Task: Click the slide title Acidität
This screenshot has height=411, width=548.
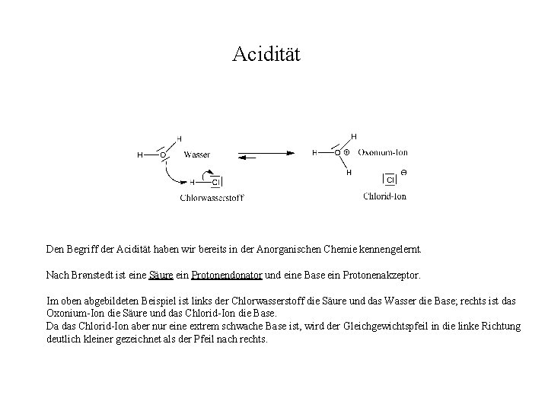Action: [267, 55]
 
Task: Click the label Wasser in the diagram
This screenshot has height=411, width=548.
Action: [197, 155]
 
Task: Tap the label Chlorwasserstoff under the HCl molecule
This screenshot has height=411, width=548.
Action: [212, 198]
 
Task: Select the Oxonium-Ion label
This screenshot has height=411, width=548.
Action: [382, 152]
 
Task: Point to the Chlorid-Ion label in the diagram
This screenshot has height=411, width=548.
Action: [385, 196]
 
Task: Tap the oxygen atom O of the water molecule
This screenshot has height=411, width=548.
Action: [162, 155]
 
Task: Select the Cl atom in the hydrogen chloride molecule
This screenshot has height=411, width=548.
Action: [215, 182]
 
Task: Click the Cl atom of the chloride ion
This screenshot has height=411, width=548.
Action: [390, 180]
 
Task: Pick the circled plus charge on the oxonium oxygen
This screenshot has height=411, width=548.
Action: [346, 152]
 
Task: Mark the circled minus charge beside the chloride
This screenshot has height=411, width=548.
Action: [403, 173]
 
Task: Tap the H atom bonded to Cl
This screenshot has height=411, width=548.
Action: [193, 182]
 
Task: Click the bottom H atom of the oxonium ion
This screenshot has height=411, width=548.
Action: [349, 173]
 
